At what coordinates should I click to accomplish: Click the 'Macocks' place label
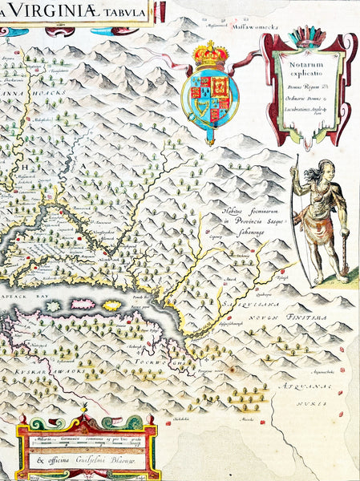coord(226,418)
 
